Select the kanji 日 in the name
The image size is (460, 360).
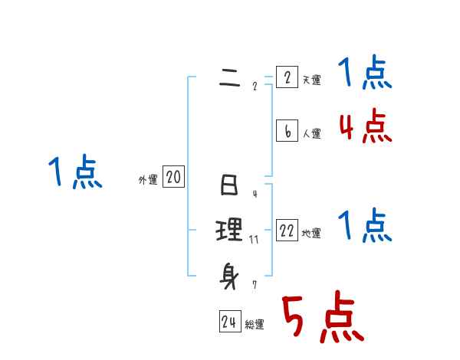click(229, 186)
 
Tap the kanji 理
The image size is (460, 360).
click(229, 230)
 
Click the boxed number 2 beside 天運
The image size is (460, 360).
click(287, 77)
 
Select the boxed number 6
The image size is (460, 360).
click(287, 131)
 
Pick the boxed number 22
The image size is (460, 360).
click(287, 231)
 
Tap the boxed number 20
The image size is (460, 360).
click(173, 178)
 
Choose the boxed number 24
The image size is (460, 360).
click(229, 322)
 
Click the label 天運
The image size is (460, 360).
click(311, 80)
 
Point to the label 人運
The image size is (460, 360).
click(311, 133)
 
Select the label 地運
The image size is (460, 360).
click(311, 233)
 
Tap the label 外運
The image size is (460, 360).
click(148, 180)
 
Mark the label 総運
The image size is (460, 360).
click(255, 325)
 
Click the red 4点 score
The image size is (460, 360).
click(365, 126)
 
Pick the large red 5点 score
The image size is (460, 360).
click(322, 319)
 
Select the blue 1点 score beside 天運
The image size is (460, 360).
click(365, 74)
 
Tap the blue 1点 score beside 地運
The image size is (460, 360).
click(365, 227)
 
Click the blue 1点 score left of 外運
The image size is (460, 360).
click(76, 172)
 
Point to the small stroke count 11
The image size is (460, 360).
click(254, 240)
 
